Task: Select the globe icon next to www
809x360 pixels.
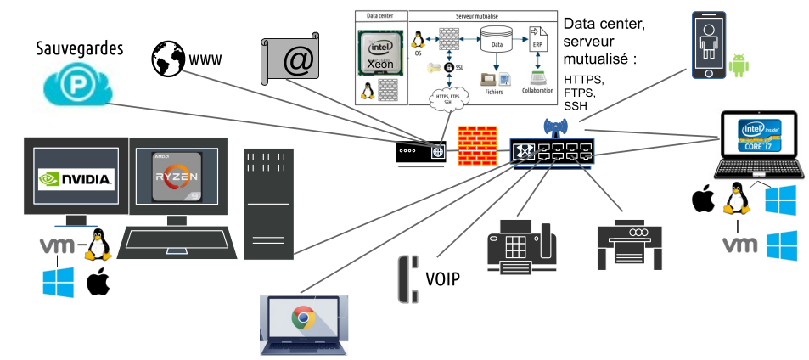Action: click(x=167, y=60)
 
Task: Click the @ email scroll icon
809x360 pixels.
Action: click(x=289, y=63)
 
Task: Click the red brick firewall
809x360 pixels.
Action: click(x=476, y=145)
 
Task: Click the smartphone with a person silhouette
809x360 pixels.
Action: click(x=709, y=46)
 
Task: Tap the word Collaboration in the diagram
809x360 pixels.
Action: click(x=537, y=91)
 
